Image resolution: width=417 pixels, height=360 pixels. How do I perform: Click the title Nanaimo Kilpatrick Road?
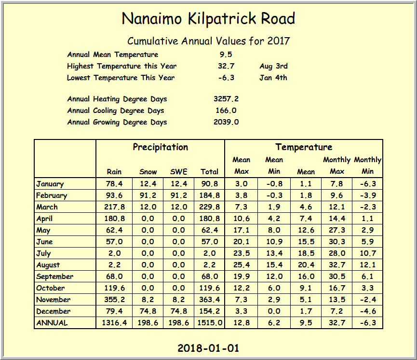208,19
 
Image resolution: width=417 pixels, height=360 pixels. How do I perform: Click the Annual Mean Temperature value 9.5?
226,55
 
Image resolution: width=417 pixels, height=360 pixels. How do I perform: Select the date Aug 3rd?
273,66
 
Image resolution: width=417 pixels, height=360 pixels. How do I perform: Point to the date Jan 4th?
273,78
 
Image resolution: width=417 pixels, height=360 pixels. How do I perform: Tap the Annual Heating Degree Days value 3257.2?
226,99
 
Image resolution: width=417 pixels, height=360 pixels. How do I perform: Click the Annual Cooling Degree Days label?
116,111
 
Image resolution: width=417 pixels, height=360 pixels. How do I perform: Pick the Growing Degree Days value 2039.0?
226,122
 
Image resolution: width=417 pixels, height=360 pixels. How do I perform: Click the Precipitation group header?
161,147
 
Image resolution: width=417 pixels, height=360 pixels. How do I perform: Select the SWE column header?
179,171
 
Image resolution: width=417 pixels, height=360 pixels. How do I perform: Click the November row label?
54,300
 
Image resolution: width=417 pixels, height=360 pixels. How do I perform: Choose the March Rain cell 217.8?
114,207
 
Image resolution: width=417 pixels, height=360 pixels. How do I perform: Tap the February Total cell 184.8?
210,195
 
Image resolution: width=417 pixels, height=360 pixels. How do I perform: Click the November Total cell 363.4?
210,300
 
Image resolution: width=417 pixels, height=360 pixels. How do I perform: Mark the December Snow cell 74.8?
148,311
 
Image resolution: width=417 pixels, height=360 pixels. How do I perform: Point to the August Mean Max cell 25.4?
241,265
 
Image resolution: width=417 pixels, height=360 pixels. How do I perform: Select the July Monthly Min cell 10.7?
367,253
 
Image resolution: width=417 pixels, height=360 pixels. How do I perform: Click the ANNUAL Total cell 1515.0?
210,323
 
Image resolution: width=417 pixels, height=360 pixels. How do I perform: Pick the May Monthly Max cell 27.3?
336,230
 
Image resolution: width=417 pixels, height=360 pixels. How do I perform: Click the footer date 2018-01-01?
208,348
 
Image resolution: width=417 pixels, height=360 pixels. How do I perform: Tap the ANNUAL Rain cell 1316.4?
114,323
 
